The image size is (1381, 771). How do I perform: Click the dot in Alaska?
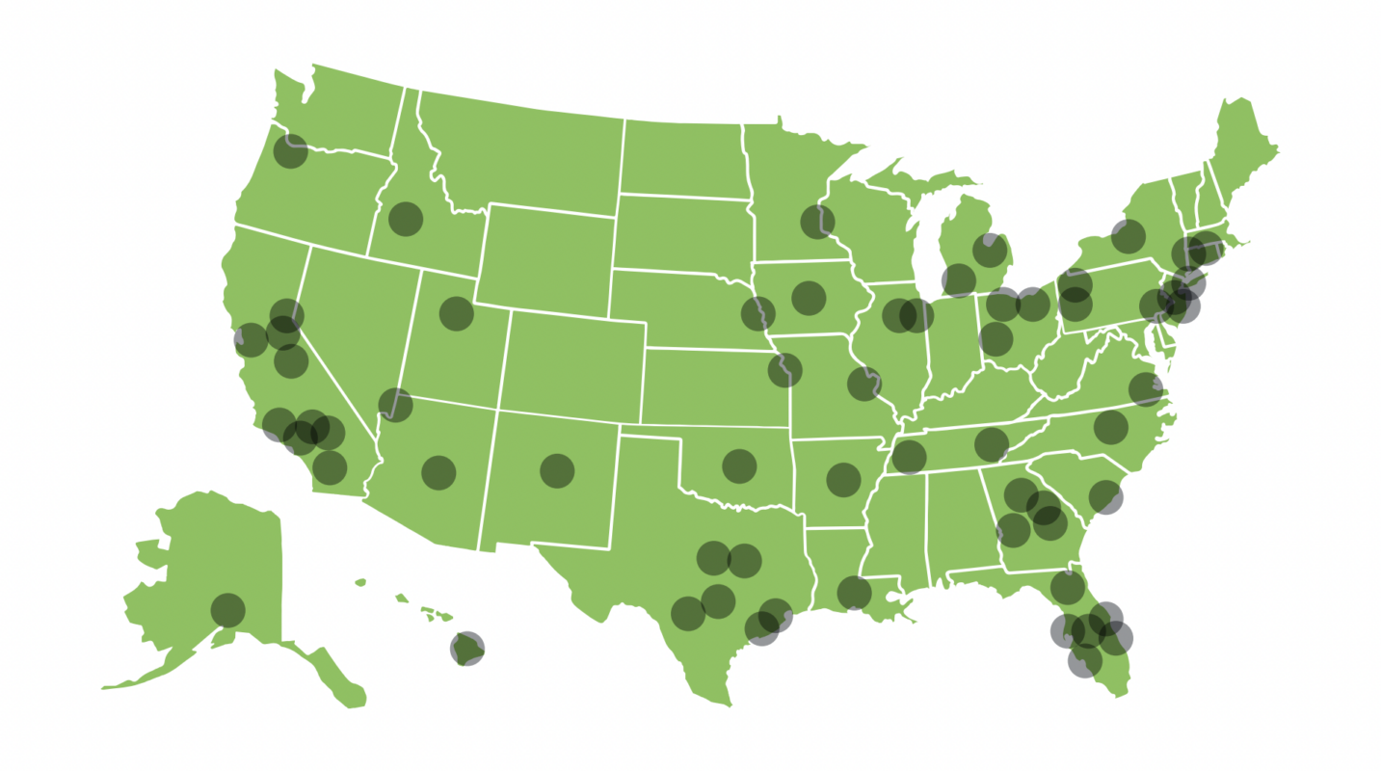click(x=227, y=610)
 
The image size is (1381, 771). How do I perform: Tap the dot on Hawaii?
click(x=467, y=649)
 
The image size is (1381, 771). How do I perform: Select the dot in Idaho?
click(x=406, y=219)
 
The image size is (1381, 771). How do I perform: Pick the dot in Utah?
click(x=456, y=313)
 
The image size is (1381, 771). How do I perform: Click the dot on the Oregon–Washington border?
click(x=290, y=150)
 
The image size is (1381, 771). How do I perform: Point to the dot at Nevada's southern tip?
click(x=395, y=405)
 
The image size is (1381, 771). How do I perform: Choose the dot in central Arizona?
click(x=438, y=472)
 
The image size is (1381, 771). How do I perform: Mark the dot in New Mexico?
click(x=557, y=470)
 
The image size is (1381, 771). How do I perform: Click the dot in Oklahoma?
click(x=739, y=465)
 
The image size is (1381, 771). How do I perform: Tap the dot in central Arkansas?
click(x=843, y=479)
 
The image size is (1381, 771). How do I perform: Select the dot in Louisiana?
click(x=854, y=593)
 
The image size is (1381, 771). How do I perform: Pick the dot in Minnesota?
click(x=817, y=222)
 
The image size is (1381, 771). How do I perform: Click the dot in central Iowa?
click(x=809, y=298)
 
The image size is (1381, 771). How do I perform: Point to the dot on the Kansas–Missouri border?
click(x=785, y=369)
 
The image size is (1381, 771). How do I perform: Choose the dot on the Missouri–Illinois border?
click(x=864, y=383)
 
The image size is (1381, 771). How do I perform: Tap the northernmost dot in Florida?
click(x=1067, y=586)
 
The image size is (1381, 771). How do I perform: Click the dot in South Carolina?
click(x=1105, y=496)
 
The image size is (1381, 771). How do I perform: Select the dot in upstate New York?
click(x=1128, y=235)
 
